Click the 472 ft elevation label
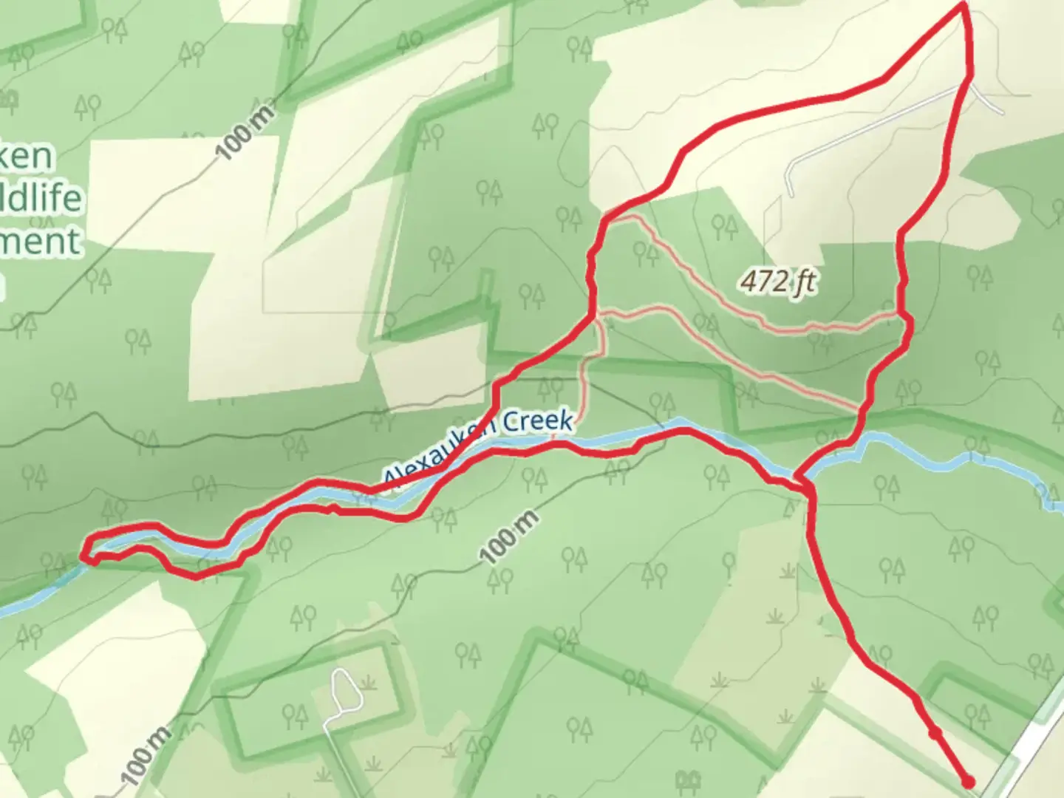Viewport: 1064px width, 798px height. coord(778,281)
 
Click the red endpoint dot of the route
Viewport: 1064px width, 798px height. coord(967,782)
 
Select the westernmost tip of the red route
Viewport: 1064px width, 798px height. coord(83,556)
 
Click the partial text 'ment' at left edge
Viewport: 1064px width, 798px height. coord(41,242)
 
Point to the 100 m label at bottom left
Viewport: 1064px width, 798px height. coord(146,755)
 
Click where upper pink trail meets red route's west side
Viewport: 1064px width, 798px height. coord(606,217)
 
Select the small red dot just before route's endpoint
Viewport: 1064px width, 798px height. coord(935,733)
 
